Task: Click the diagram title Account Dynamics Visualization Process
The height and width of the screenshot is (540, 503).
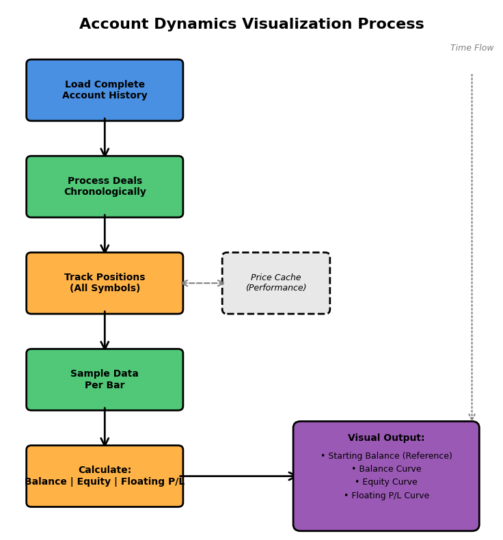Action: [251, 25]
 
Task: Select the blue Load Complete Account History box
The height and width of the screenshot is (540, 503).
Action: [105, 90]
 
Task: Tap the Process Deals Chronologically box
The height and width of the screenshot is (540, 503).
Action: [105, 187]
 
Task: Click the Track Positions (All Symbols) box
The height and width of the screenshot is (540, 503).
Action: [105, 283]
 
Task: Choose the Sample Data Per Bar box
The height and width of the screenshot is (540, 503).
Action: [105, 379]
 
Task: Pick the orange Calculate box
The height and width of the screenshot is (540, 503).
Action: [105, 476]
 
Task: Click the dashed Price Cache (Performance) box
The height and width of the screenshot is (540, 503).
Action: [276, 283]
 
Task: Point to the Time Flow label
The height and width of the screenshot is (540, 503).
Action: [472, 48]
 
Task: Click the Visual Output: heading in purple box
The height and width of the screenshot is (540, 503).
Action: [386, 438]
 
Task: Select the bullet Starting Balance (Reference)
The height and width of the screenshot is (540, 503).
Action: [386, 456]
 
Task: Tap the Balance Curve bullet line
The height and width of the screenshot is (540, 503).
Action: [386, 469]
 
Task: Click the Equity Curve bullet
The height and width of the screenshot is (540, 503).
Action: [386, 482]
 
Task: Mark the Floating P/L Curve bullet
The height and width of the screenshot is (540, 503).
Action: [386, 496]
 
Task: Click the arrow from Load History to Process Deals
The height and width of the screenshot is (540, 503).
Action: [105, 138]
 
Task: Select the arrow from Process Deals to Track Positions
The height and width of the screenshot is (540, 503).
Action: [105, 234]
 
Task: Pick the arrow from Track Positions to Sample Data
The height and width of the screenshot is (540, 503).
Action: [105, 331]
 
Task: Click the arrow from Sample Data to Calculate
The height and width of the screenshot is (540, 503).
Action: [105, 427]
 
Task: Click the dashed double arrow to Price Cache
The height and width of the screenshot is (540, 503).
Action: [203, 283]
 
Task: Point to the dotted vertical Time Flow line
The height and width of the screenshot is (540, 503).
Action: [472, 246]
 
